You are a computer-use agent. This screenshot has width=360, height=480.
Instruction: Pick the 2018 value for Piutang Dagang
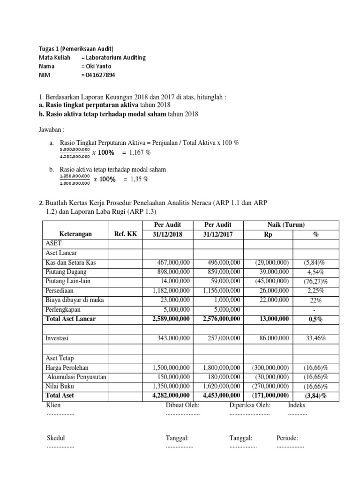[172, 272]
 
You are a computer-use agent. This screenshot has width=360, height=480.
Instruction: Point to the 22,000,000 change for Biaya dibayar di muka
[271, 300]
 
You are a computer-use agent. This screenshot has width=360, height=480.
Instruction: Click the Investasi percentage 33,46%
[316, 337]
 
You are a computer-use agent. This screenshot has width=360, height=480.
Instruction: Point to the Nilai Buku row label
[60, 386]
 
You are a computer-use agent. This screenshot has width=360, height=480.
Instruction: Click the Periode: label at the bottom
[287, 438]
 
